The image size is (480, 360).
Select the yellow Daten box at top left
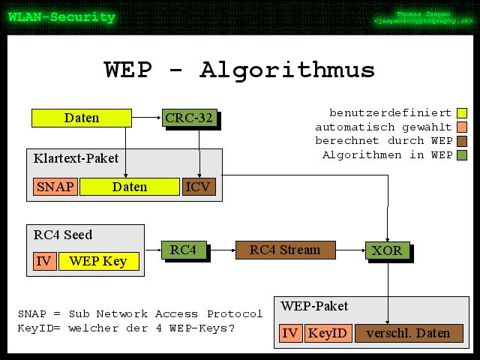coord(81,118)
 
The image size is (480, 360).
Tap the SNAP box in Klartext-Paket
coord(55,187)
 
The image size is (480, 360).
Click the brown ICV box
coord(199,187)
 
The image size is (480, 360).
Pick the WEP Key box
coord(98,261)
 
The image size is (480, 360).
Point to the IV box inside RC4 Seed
coord(43,261)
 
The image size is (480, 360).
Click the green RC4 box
coord(184,250)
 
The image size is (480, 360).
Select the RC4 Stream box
coord(285,250)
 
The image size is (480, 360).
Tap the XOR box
coord(387,250)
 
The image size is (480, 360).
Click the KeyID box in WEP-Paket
coord(328,333)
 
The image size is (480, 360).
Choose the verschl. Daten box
coord(409,333)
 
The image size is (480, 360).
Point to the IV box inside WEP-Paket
coord(290,333)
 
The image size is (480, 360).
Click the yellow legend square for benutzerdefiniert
coord(461,113)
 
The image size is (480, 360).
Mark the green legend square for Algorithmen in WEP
coord(461,155)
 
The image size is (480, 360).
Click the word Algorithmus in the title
coord(287,70)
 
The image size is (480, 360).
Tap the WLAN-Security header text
coord(61,16)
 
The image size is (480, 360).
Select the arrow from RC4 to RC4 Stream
coord(221,250)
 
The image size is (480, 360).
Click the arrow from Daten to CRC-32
coord(147,118)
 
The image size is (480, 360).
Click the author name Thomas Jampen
coord(424,14)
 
